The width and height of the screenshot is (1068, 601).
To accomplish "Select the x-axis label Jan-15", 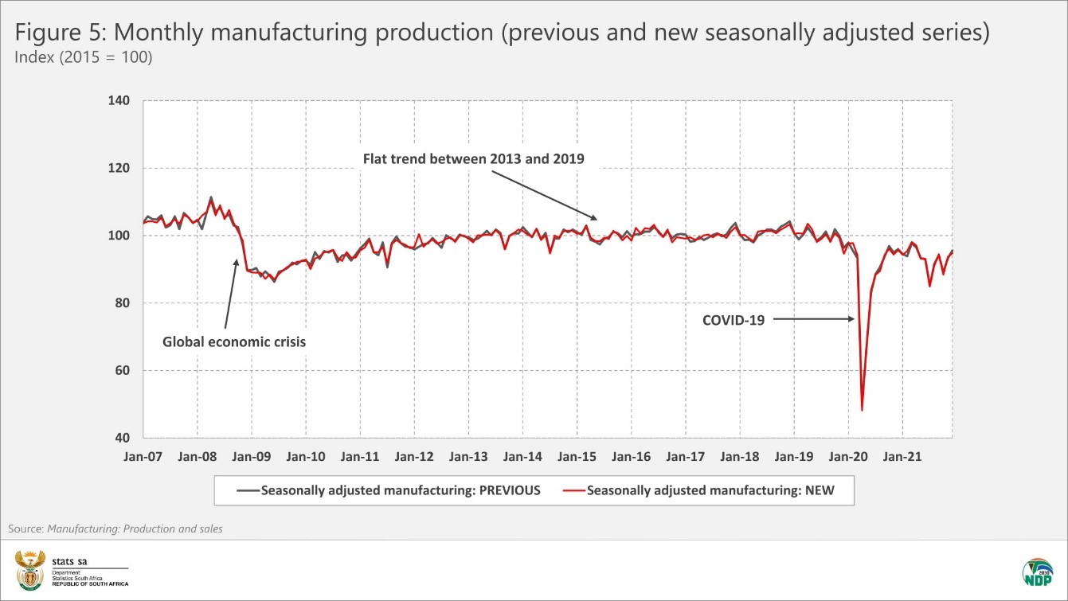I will coord(577,458).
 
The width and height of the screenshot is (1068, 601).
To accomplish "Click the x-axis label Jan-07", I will coord(143,458).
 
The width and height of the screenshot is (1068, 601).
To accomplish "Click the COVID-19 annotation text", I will coord(733,320).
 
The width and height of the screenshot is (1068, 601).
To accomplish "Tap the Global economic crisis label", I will coord(234,342).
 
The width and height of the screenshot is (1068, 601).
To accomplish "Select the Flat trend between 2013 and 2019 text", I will coord(473,158).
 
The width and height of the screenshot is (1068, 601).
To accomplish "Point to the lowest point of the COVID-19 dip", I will coord(863,410).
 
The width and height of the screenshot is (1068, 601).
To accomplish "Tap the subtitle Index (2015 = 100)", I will coord(83,58).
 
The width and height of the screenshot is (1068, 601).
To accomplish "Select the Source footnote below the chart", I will coord(115,529).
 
